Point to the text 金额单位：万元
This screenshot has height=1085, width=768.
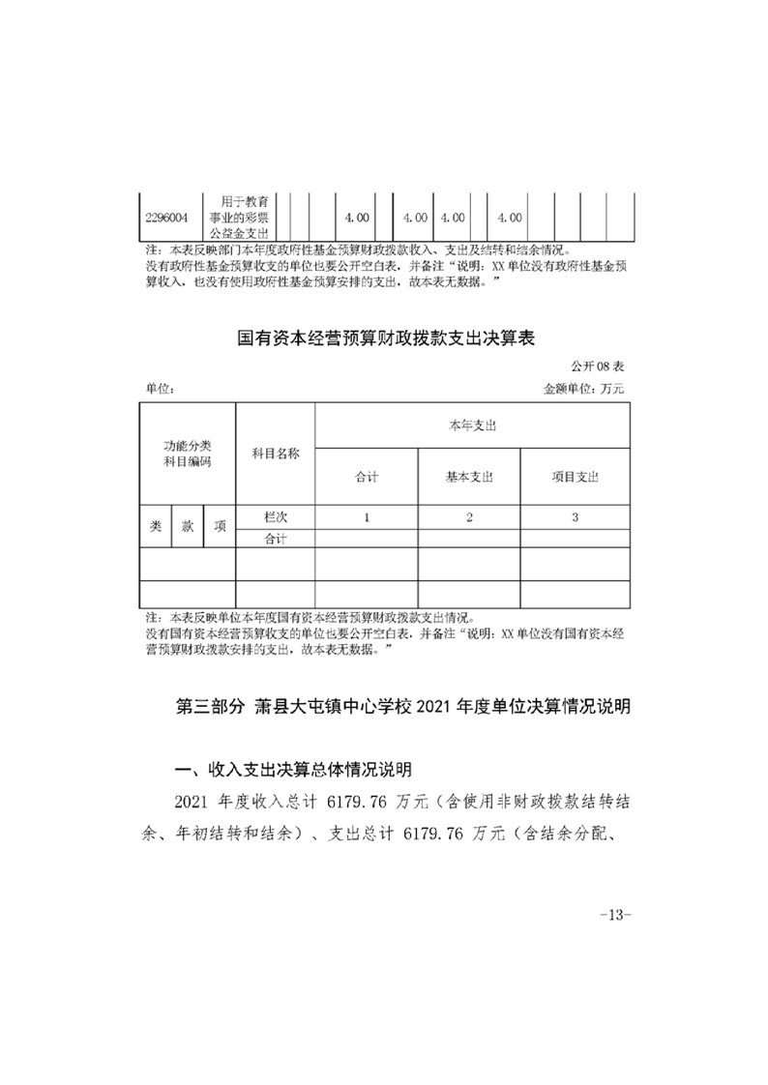point(586,389)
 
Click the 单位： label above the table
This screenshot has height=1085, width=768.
point(160,389)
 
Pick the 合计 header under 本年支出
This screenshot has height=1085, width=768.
point(367,478)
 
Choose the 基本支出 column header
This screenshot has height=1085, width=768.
point(469,478)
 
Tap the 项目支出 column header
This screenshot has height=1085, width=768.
point(575,478)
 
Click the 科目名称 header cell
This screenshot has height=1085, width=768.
point(276,454)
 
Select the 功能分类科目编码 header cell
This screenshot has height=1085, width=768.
point(188,454)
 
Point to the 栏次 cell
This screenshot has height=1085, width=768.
point(276,518)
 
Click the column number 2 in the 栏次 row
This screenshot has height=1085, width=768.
point(469,518)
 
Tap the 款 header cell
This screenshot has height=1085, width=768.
point(188,527)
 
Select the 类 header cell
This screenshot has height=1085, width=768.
point(156,527)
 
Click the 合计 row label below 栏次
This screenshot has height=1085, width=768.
point(276,539)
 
